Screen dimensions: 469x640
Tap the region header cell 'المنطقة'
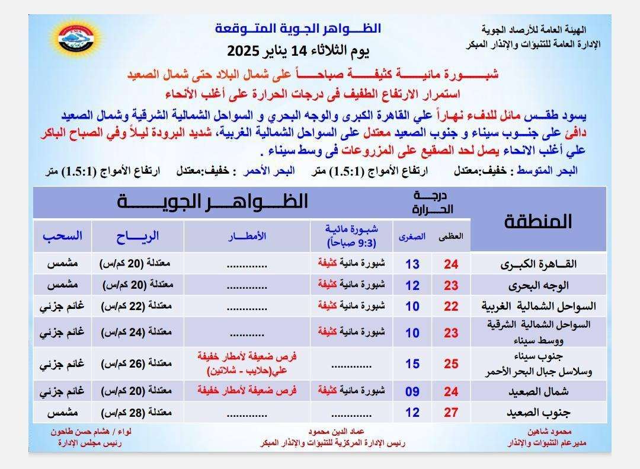pyautogui.click(x=538, y=221)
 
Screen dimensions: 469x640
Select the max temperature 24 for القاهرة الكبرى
pyautogui.click(x=451, y=264)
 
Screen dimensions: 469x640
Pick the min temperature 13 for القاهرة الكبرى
pyautogui.click(x=412, y=264)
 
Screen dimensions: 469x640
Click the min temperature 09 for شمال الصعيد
pyautogui.click(x=412, y=391)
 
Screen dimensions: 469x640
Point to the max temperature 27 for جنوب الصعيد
pyautogui.click(x=451, y=413)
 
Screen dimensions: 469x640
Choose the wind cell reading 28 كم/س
pyautogui.click(x=137, y=413)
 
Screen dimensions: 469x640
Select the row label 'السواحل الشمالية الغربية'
pyautogui.click(x=538, y=306)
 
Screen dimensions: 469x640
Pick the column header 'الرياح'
pyautogui.click(x=137, y=236)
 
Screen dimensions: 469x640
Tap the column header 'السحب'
pyautogui.click(x=62, y=236)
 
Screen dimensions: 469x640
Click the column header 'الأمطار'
pyautogui.click(x=247, y=236)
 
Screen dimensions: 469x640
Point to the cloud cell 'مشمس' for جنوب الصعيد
pyautogui.click(x=62, y=413)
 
